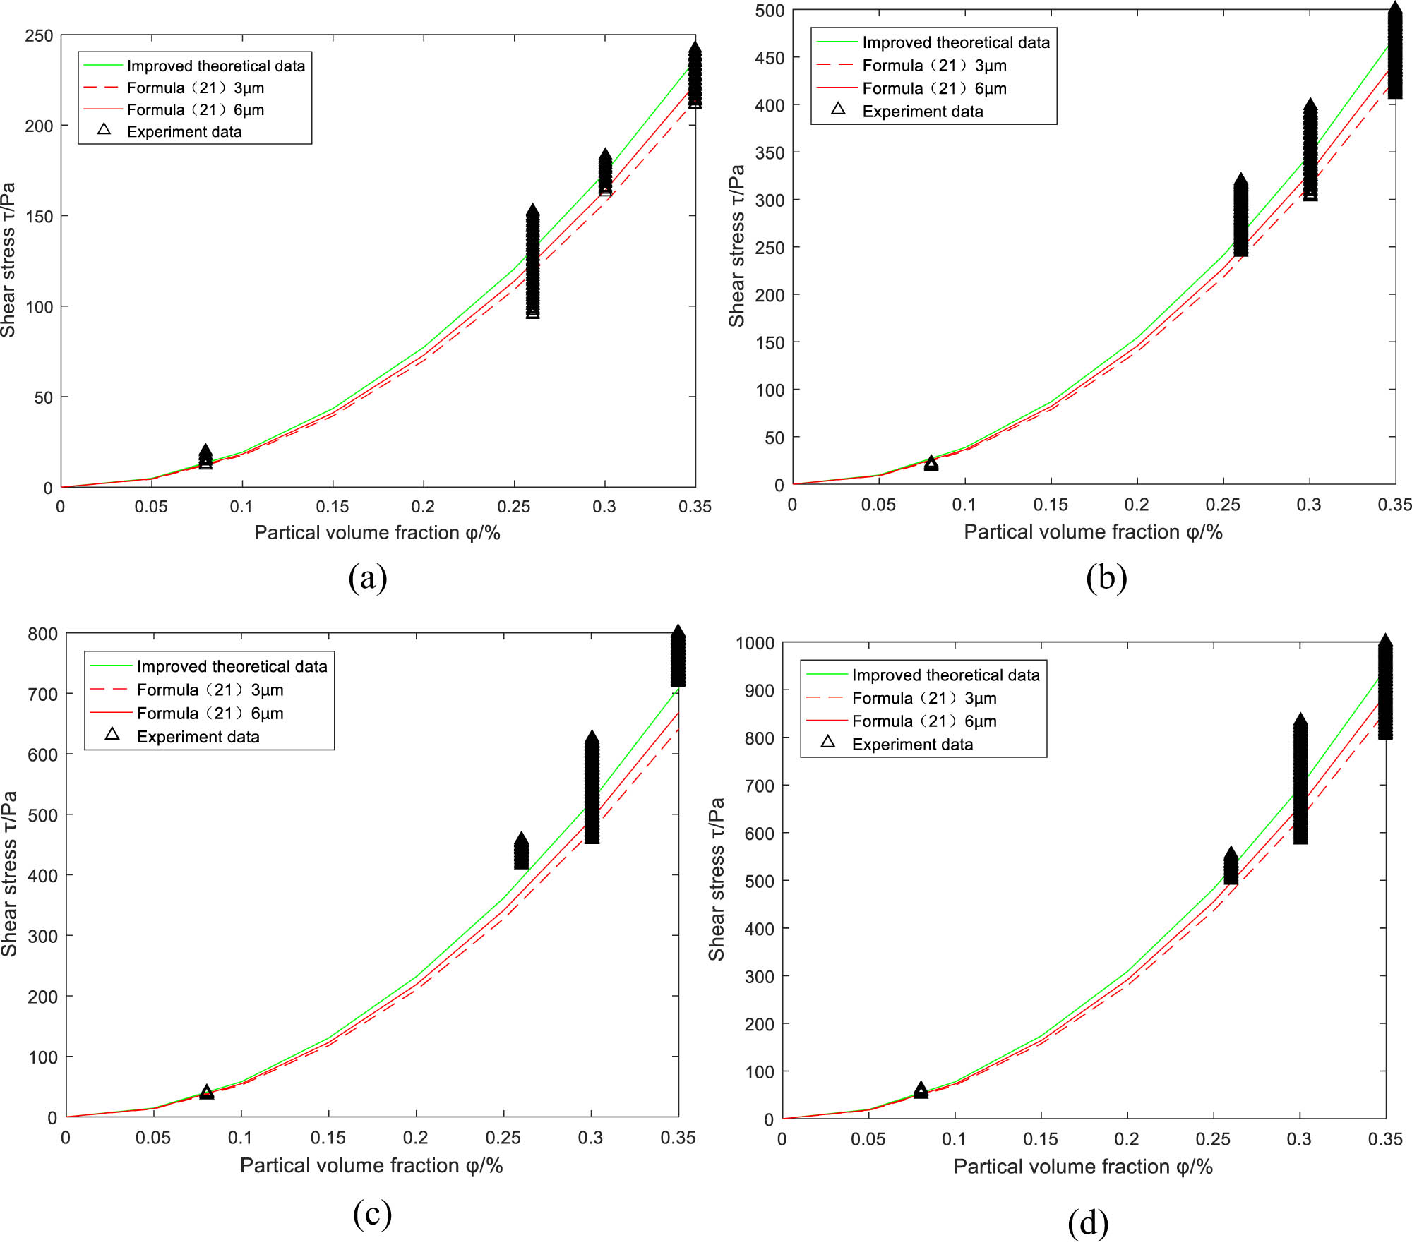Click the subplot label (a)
368,577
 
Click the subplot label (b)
1106,577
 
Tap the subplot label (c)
372,1213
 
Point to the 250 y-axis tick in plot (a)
39,35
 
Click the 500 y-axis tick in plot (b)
770,11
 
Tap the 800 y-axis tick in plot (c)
42,634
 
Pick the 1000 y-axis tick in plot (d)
755,643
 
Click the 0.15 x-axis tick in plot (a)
333,507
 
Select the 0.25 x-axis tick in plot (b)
1223,505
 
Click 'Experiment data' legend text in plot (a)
184,132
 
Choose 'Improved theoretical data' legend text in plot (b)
956,42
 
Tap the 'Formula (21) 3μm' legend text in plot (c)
210,690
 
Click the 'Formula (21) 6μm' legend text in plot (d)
924,721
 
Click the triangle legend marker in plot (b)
838,109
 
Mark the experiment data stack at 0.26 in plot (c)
521,852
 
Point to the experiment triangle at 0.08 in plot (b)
931,463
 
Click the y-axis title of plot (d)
717,879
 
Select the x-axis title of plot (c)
371,1165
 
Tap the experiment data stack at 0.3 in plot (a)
605,172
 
